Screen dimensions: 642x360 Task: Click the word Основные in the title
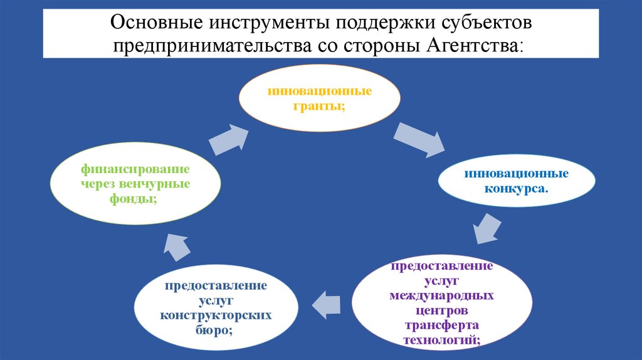(x=153, y=24)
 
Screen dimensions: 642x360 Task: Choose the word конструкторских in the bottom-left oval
(x=215, y=314)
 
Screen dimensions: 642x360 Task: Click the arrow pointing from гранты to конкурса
(x=419, y=139)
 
